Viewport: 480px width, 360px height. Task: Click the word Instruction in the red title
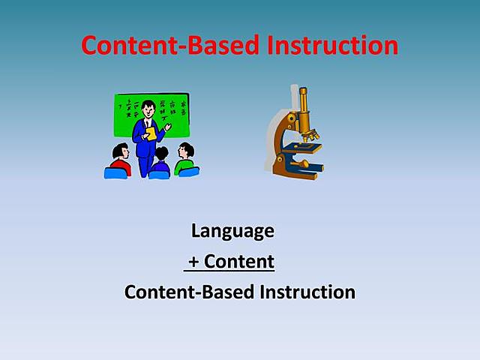pos(331,45)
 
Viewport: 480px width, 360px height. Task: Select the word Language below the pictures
pos(232,231)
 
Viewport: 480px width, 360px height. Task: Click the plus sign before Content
pos(193,262)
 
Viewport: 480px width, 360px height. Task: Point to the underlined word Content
pos(239,262)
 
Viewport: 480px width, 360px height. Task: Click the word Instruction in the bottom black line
pos(307,292)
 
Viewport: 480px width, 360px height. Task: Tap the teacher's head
pos(148,106)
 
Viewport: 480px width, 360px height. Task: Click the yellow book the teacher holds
pos(151,133)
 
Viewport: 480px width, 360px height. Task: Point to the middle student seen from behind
pos(159,161)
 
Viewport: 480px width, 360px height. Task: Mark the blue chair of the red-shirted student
pos(115,173)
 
